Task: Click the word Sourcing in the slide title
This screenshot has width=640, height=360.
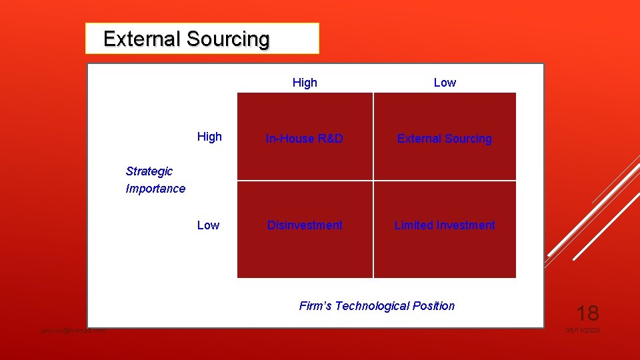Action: tap(228, 39)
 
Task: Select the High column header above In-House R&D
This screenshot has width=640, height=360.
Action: tap(305, 83)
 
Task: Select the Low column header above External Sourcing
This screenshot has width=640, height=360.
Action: tap(445, 83)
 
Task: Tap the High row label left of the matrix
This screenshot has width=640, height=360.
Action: tap(209, 137)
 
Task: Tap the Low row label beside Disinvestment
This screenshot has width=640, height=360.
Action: tap(208, 225)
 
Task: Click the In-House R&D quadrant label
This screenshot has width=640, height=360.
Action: tap(305, 139)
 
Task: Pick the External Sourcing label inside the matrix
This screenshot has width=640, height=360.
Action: tap(445, 139)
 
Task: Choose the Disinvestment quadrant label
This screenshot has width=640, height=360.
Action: tap(305, 225)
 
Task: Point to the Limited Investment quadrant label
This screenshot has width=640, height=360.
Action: tap(445, 225)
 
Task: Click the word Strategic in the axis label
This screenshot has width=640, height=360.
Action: tap(149, 171)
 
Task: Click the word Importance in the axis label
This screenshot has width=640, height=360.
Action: tap(155, 189)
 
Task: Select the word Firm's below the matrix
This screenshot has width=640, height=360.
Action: tap(315, 306)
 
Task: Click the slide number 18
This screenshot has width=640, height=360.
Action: tap(587, 313)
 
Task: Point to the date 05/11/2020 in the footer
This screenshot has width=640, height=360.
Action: tap(583, 331)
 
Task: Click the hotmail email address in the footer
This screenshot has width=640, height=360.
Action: tap(73, 331)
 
